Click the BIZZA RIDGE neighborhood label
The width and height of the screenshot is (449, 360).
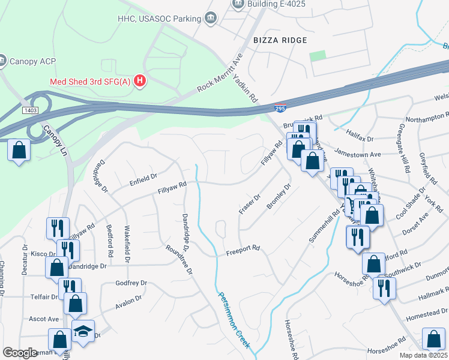pyautogui.click(x=280, y=40)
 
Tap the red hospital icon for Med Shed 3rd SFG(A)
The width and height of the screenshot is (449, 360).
pyautogui.click(x=140, y=80)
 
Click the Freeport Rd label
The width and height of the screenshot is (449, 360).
pyautogui.click(x=243, y=247)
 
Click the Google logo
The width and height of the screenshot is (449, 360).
pyautogui.click(x=20, y=352)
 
